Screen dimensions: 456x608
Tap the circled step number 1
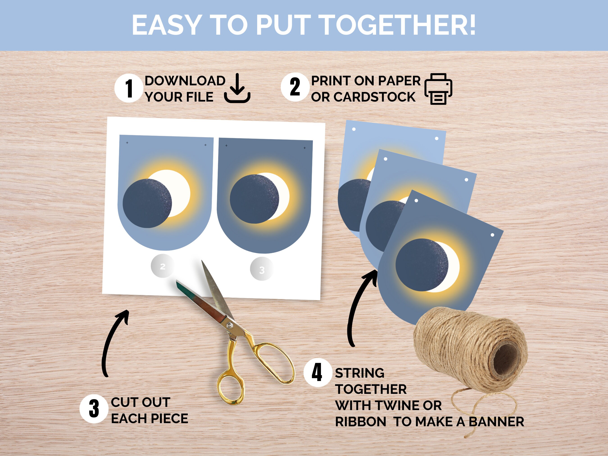click(x=129, y=88)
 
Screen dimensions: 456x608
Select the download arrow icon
click(x=237, y=88)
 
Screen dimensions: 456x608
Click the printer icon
click(x=438, y=89)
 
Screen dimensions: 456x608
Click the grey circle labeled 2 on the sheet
click(x=162, y=266)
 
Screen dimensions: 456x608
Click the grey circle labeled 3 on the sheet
click(x=262, y=270)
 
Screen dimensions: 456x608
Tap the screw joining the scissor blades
click(x=229, y=325)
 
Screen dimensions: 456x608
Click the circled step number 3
click(x=94, y=408)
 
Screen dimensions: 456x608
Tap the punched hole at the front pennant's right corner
click(x=492, y=235)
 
